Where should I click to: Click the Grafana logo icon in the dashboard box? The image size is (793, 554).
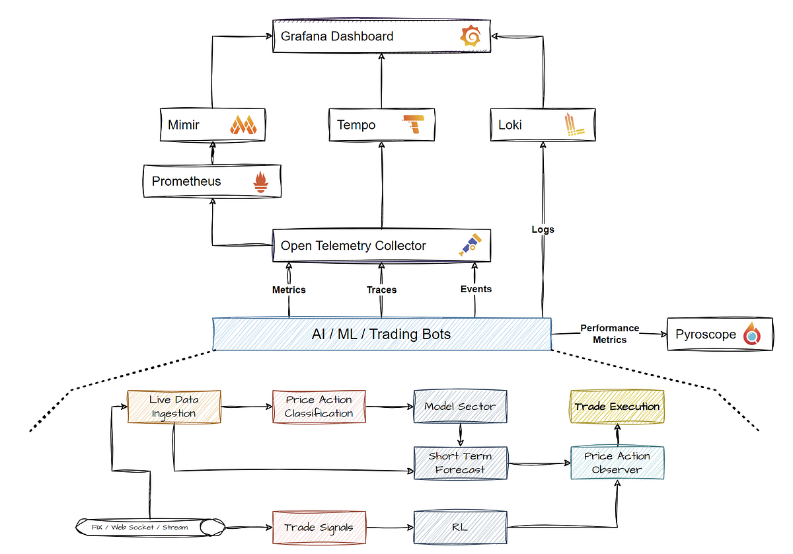[471, 36]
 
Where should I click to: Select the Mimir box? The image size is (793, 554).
[213, 125]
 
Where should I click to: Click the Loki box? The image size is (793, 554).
[542, 125]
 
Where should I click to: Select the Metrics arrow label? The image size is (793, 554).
[289, 290]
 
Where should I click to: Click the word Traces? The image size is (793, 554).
[381, 290]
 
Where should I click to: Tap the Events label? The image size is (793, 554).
[476, 289]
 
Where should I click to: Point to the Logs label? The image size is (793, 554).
[543, 229]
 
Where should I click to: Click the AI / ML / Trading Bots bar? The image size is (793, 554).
[381, 334]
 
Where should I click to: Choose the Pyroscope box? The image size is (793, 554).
[719, 335]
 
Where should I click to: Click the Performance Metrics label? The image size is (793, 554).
[609, 334]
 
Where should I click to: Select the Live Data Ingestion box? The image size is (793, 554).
[173, 407]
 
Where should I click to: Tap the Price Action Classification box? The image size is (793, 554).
[319, 407]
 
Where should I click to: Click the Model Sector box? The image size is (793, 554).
[460, 407]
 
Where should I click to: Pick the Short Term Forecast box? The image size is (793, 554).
[460, 463]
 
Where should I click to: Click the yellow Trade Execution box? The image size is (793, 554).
[617, 407]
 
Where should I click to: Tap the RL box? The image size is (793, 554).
[460, 527]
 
